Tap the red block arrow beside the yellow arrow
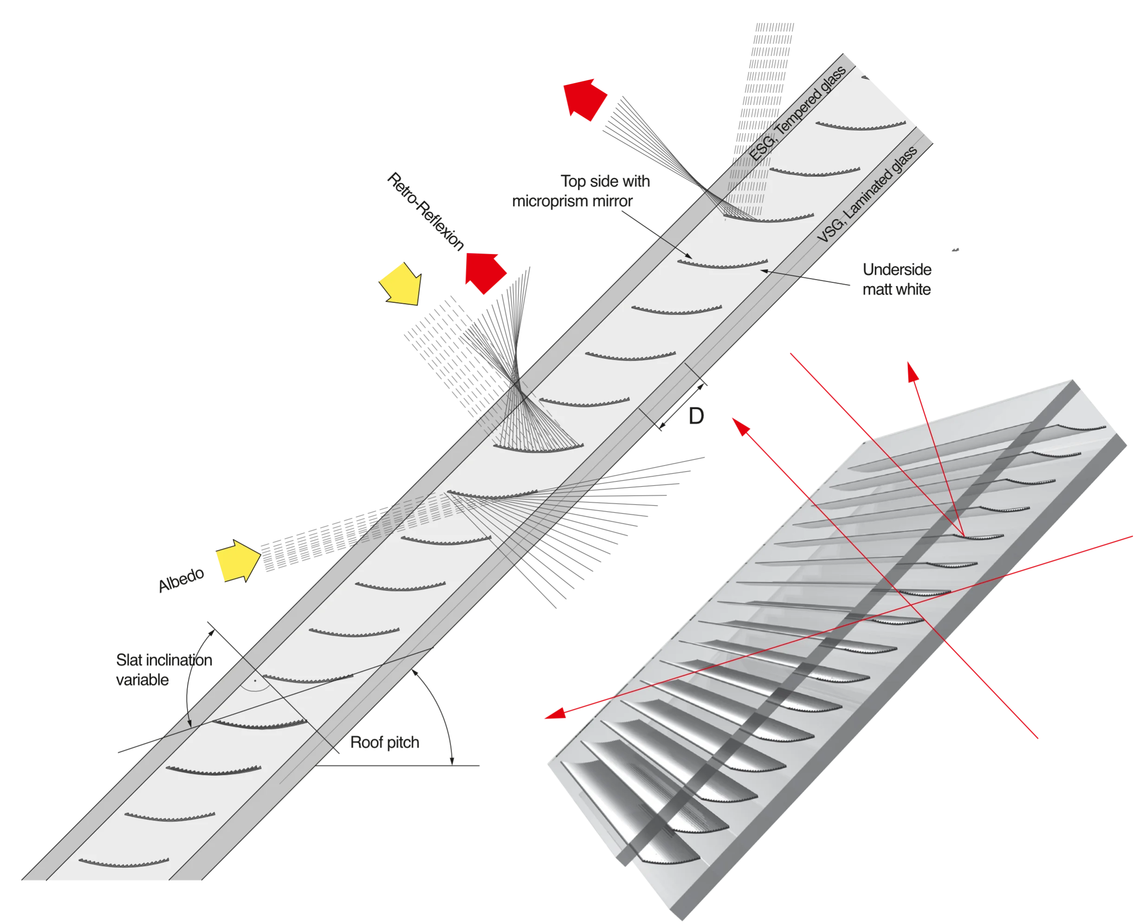484,272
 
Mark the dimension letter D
695,417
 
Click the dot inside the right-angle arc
255,680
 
